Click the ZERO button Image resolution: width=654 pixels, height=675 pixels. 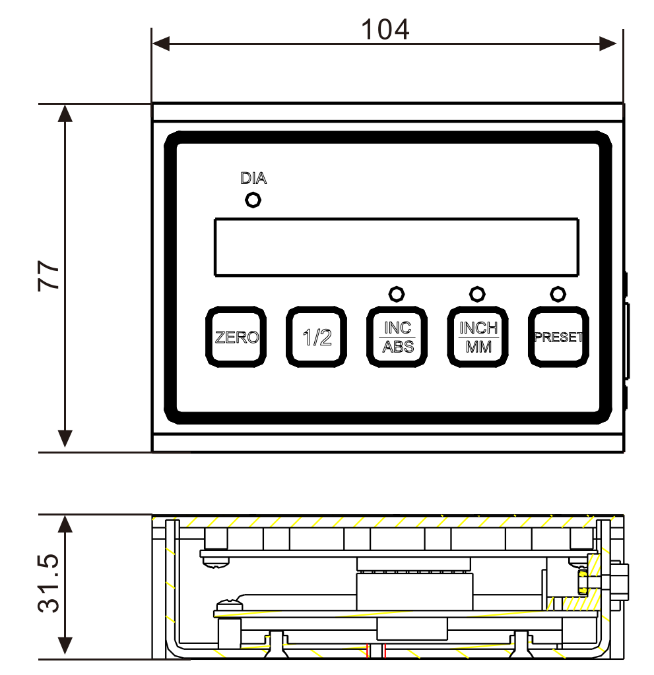236,337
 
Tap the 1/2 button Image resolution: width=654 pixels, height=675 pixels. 316,337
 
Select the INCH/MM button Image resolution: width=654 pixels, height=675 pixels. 478,337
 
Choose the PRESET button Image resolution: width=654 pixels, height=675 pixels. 558,337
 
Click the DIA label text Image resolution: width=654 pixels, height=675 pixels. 253,178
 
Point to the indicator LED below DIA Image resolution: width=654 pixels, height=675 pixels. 253,200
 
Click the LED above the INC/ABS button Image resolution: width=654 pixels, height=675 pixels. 397,295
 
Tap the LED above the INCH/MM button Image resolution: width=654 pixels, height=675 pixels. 477,295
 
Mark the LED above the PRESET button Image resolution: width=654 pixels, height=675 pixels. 558,295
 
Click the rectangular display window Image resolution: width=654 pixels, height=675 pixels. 397,247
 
